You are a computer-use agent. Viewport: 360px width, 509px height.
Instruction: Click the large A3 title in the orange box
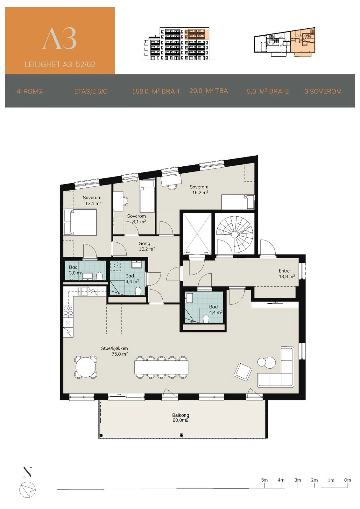pos(59,38)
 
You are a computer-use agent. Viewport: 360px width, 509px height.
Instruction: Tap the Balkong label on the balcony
pos(180,415)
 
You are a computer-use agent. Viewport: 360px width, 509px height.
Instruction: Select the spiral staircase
pos(235,234)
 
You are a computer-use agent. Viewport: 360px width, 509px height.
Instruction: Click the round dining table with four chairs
pos(86,367)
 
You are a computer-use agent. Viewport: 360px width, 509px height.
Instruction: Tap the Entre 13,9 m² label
pos(287,274)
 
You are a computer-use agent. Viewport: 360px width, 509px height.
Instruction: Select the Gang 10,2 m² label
pos(147,246)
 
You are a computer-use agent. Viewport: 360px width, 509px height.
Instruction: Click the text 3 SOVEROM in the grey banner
pos(323,91)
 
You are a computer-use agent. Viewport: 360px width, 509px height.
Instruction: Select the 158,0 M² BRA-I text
pos(156,91)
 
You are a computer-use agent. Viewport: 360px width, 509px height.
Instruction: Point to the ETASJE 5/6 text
pos(90,91)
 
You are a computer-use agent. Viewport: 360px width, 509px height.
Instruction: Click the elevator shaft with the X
pos(197,234)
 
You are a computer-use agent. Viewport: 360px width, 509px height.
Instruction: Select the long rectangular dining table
pos(161,367)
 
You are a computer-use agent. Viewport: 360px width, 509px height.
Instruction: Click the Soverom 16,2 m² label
pos(199,190)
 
